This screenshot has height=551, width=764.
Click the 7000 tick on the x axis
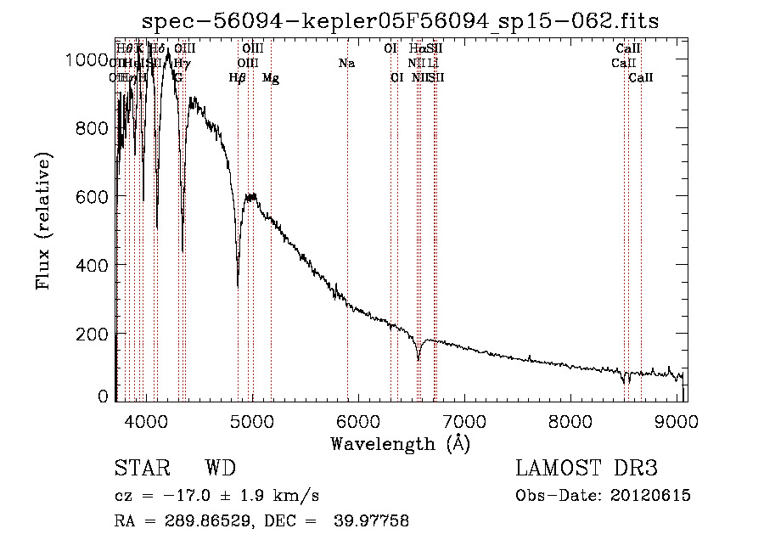[x=464, y=419]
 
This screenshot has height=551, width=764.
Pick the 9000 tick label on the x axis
[x=677, y=419]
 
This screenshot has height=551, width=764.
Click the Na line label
[x=346, y=63]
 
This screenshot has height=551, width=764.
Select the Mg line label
[x=271, y=78]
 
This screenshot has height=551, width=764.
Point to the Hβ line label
[x=238, y=78]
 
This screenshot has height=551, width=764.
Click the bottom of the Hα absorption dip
[x=419, y=359]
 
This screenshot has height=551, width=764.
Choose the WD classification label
[x=220, y=469]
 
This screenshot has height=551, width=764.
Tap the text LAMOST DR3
[x=587, y=469]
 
